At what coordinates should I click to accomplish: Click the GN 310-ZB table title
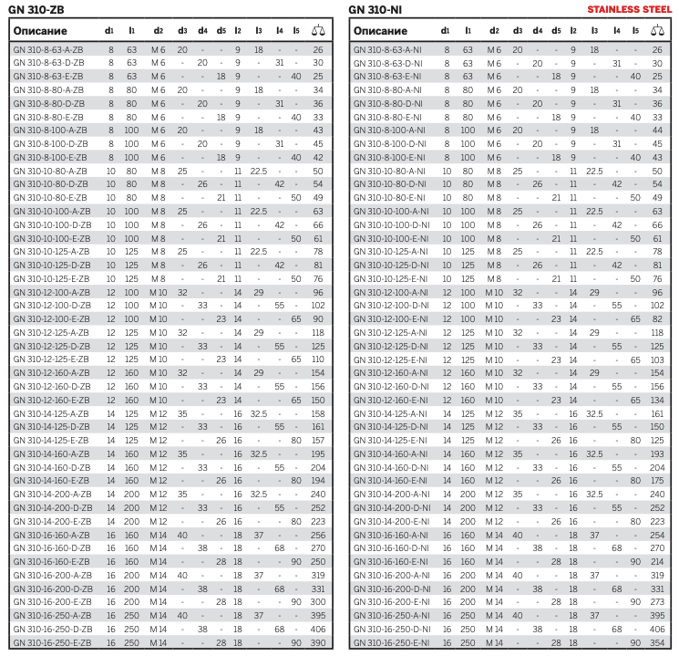36,10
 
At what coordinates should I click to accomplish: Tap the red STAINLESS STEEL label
634,10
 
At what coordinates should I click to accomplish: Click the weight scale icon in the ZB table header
317,30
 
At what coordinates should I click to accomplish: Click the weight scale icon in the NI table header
657,30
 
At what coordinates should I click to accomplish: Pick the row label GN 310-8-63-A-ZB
47,49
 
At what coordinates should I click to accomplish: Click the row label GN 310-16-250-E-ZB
52,642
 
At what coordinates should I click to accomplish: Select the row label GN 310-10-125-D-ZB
52,265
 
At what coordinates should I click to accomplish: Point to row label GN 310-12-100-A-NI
390,292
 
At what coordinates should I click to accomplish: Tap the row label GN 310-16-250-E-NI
390,642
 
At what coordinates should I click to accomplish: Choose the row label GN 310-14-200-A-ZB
52,494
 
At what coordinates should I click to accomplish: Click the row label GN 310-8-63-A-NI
386,49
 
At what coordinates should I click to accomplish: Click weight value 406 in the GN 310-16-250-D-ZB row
317,629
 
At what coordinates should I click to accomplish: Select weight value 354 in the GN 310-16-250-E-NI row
657,642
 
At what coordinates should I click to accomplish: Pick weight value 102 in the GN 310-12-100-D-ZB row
317,305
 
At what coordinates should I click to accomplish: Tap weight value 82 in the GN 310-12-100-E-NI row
657,318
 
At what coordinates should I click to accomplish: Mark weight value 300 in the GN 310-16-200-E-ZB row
317,602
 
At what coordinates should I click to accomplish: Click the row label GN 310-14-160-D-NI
390,467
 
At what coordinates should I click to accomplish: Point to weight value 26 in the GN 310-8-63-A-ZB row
317,49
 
